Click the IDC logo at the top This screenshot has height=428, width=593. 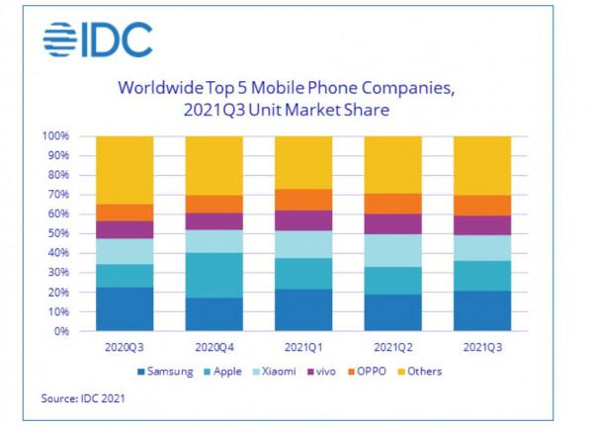(x=98, y=41)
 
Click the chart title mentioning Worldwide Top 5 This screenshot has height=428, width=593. (x=286, y=99)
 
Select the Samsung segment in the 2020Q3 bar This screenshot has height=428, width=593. (x=125, y=308)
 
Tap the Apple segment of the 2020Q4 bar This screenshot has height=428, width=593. (x=213, y=275)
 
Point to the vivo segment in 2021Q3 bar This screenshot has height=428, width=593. (x=481, y=225)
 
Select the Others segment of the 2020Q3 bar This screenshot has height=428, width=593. (x=125, y=170)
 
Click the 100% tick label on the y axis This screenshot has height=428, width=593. (x=54, y=136)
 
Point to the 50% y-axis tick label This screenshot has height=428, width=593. (x=57, y=234)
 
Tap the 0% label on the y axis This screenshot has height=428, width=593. (x=60, y=331)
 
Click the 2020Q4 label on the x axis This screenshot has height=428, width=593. (x=213, y=348)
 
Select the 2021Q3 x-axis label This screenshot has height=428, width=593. (x=481, y=348)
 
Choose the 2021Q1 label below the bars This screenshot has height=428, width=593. (x=302, y=348)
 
